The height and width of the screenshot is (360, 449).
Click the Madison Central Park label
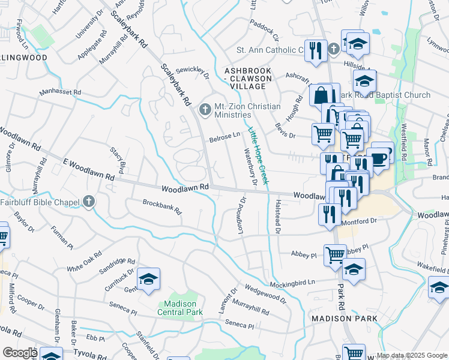[x=180, y=308]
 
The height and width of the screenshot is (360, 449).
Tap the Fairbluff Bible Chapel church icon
[x=89, y=202]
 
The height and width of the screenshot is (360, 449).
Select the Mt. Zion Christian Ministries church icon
[x=205, y=110]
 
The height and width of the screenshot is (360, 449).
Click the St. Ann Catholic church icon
[x=334, y=50]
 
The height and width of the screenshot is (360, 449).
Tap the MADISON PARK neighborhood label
[x=344, y=318]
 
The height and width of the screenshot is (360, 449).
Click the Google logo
[x=20, y=352]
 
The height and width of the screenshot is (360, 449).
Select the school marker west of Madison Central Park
[x=148, y=280]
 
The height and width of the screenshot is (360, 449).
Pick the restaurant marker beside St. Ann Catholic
[x=315, y=50]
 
